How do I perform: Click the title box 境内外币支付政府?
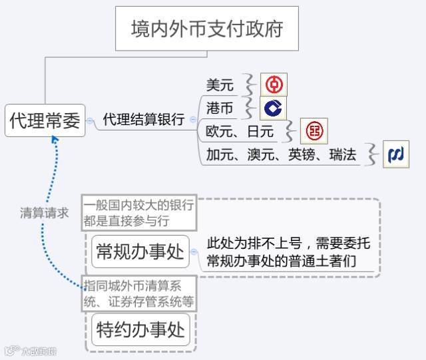[206, 29]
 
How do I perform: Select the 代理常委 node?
[45, 120]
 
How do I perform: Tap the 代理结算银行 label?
[143, 120]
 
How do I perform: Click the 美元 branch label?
[220, 85]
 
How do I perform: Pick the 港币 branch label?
[220, 108]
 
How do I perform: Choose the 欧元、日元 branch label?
[240, 131]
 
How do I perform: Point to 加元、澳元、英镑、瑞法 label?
[281, 155]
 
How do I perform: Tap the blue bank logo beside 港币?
[272, 108]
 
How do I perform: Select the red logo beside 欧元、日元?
[314, 131]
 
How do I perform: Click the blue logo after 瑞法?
[396, 155]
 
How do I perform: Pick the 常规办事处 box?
[140, 252]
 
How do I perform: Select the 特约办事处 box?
[140, 329]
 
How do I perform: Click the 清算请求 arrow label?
[44, 214]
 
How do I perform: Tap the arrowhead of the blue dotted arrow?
[56, 140]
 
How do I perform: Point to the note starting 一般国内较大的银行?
[139, 212]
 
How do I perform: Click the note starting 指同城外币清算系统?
[139, 293]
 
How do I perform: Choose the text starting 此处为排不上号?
[288, 252]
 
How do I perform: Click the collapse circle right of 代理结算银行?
[193, 120]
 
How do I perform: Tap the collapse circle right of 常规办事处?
[194, 252]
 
